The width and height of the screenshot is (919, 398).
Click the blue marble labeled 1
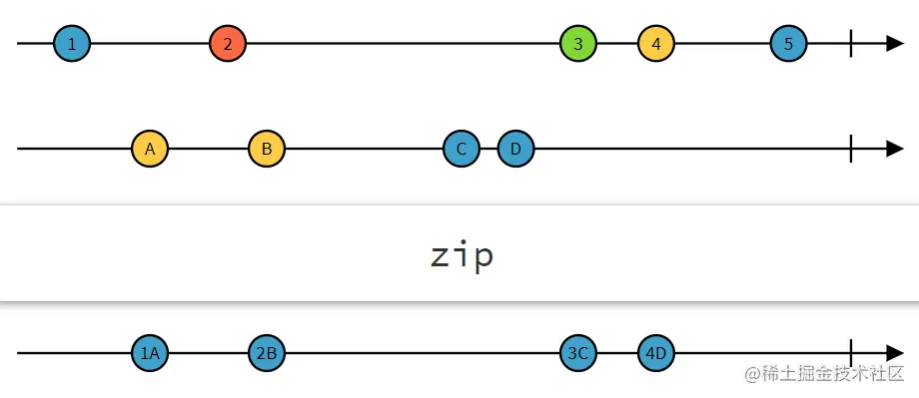pos(72,44)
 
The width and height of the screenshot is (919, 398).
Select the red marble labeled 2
pos(228,44)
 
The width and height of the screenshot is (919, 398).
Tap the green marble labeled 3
pos(578,44)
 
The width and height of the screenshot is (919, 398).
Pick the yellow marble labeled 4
pos(656,44)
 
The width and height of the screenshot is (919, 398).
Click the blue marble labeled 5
pos(788,44)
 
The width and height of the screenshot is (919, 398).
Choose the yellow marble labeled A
pos(150,149)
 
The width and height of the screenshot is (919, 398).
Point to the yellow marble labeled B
pos(267,149)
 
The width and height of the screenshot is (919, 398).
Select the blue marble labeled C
pos(461,149)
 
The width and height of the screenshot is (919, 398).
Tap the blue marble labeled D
pos(515,149)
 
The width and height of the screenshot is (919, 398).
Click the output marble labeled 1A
pos(150,353)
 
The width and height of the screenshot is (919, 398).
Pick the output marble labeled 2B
pos(267,353)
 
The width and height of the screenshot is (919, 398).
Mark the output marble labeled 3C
pos(578,353)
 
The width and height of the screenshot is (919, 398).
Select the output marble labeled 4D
pos(656,353)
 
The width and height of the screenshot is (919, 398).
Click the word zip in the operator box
pos(460,256)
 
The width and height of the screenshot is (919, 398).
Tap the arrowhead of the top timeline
pos(895,44)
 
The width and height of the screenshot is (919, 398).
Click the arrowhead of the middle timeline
pos(895,149)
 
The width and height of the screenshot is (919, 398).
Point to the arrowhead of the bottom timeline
pos(895,353)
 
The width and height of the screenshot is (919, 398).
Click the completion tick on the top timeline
pos(850,44)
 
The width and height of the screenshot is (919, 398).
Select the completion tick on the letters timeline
pos(850,149)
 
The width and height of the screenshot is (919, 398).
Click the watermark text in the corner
pos(821,374)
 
